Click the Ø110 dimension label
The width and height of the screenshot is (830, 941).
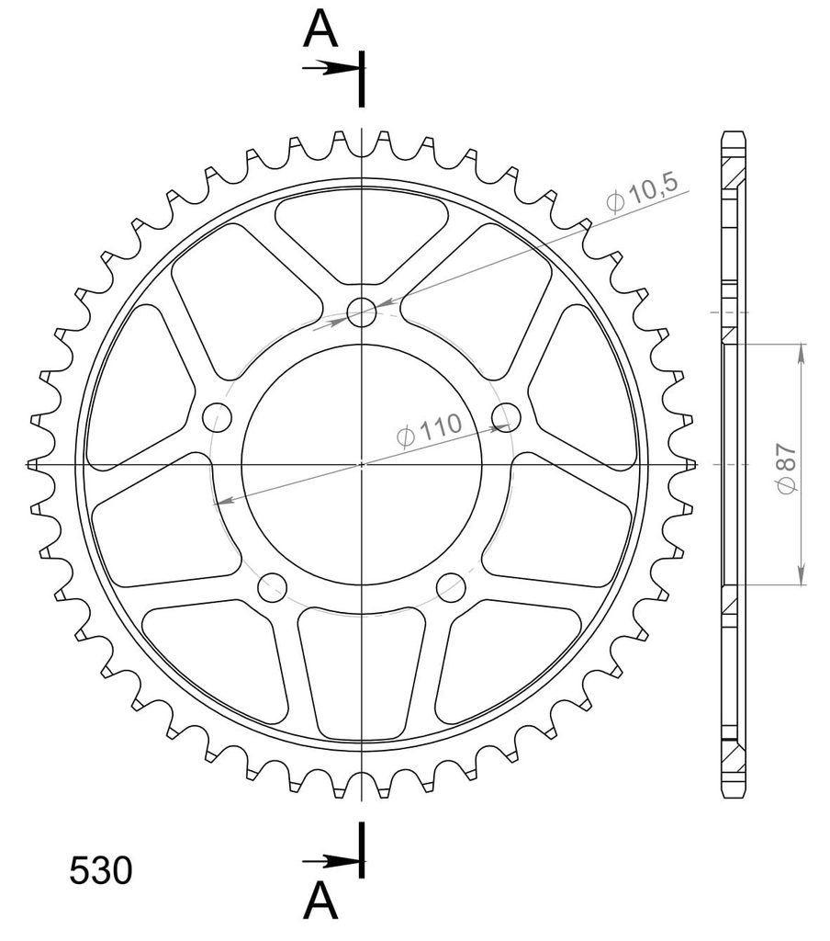430,430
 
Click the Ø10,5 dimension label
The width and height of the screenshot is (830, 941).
642,193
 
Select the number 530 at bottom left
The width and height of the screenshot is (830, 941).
100,870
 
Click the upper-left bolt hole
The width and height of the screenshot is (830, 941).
217,417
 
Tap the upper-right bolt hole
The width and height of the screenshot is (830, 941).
506,417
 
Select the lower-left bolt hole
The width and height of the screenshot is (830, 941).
273,587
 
